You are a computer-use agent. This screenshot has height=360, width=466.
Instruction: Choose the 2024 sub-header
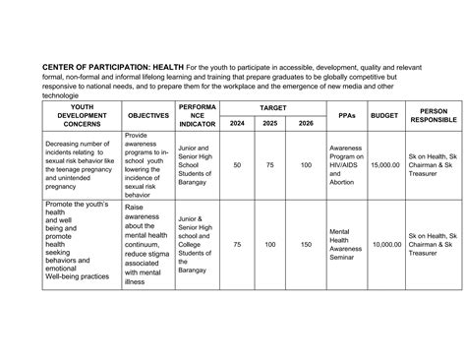tap(237, 123)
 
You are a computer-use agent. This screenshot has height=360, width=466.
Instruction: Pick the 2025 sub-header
tap(271, 123)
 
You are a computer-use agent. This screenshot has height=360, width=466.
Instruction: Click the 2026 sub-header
tap(306, 123)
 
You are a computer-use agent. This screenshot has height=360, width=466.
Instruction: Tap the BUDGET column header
tap(386, 115)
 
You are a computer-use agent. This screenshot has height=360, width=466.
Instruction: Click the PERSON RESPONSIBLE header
tap(433, 115)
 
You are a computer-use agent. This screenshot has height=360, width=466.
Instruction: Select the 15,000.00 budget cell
tap(386, 166)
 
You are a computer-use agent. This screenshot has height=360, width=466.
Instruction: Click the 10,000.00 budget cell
tap(386, 244)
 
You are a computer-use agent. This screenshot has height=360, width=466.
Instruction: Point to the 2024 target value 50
tap(237, 166)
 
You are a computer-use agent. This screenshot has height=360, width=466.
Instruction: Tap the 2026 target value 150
tap(306, 244)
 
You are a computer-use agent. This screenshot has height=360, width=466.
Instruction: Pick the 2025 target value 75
tap(271, 166)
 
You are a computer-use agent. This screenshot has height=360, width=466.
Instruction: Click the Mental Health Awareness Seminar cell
tap(346, 244)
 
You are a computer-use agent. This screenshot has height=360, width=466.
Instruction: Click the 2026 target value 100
tap(306, 166)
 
